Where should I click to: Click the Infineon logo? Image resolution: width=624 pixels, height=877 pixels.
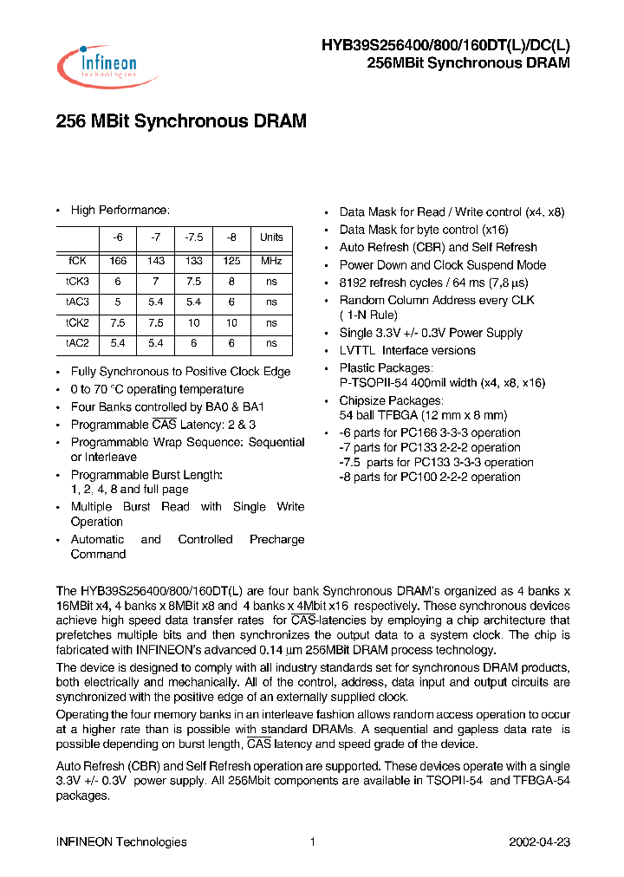point(107,67)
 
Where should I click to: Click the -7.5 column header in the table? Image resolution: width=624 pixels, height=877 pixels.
point(193,237)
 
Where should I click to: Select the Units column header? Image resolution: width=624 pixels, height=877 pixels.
point(271,237)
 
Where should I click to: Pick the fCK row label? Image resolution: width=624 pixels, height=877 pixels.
point(77,260)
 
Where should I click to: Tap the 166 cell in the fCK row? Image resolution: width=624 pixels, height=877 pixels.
point(118,260)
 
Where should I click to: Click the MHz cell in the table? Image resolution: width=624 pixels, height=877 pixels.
point(271,260)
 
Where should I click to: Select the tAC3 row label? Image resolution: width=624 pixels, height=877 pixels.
point(77,302)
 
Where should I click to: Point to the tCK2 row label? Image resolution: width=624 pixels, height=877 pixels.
point(77,323)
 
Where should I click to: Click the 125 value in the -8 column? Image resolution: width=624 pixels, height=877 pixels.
point(231,260)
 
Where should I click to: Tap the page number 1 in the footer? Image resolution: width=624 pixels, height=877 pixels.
point(312,841)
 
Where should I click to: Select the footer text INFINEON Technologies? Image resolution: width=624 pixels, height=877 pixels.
point(121,841)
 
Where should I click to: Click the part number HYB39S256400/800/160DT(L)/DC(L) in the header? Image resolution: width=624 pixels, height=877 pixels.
point(445,47)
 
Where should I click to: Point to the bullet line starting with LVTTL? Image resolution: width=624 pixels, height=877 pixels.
point(406,350)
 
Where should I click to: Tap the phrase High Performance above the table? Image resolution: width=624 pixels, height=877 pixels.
point(120,211)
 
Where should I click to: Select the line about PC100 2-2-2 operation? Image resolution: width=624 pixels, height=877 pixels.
point(429,477)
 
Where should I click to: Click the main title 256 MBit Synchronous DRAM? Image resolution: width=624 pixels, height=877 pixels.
point(181,122)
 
